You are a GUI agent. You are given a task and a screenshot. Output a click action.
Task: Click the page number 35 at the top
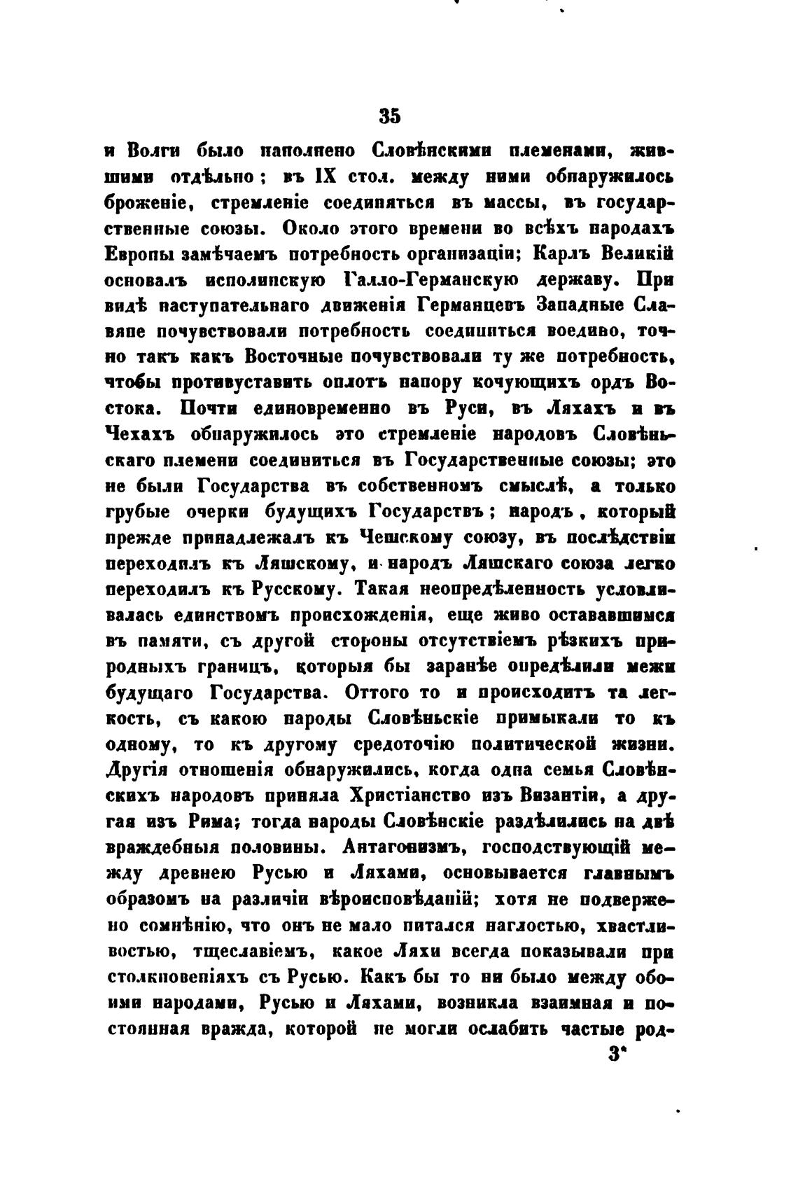388,116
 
